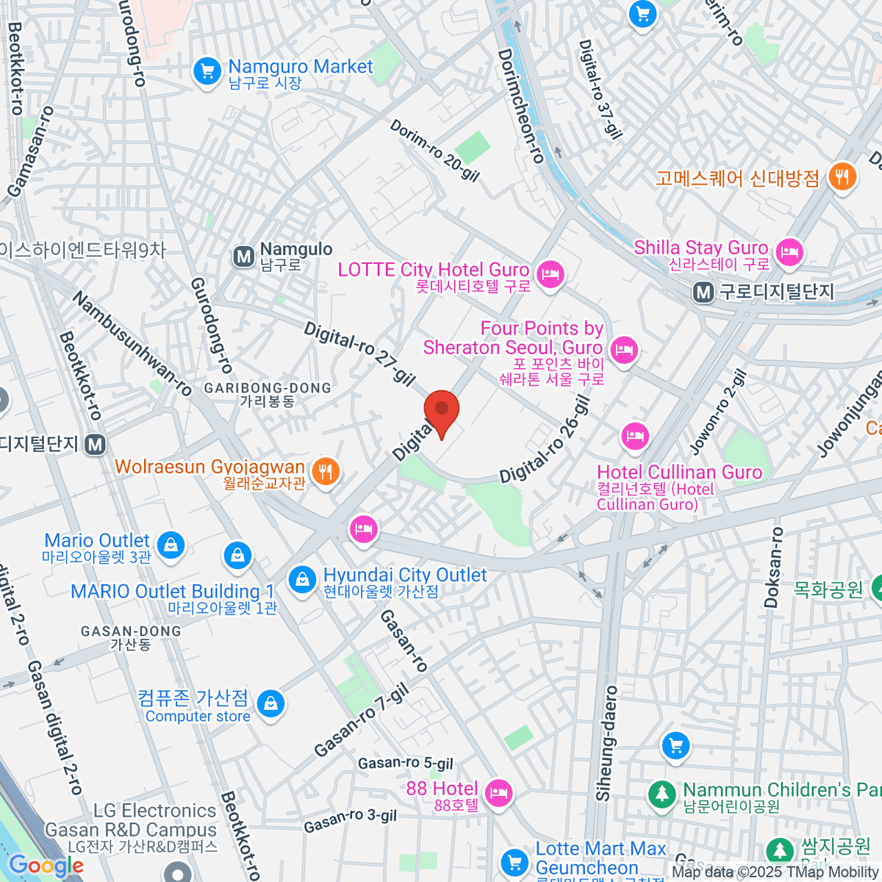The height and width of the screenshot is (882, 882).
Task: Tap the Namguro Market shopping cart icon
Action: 207,72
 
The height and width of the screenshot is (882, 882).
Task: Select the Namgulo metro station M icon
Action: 243,257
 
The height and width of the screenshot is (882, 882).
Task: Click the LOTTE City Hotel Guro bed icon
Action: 550,276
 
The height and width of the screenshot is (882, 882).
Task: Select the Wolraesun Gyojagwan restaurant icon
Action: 325,470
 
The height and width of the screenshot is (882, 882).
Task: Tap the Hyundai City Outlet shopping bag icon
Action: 301,579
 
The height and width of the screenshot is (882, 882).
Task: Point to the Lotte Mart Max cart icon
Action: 514,861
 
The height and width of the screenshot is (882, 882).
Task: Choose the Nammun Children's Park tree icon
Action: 662,794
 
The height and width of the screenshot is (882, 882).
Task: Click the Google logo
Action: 46,865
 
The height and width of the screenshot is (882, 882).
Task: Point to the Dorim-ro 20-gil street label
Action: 434,150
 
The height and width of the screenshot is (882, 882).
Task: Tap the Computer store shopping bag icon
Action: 270,703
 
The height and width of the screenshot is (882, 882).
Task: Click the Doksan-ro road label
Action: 773,567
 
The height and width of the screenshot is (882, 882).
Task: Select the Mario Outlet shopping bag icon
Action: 171,545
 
